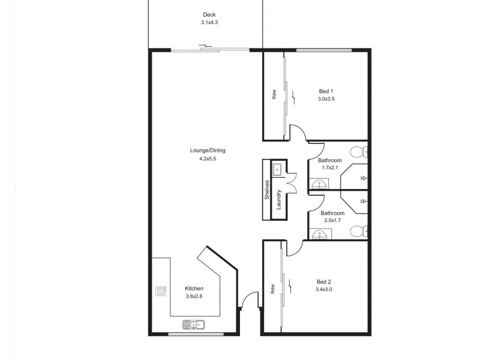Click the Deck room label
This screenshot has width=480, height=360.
point(209,14)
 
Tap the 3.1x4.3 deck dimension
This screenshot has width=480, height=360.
point(209,22)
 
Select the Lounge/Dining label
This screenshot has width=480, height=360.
point(208,151)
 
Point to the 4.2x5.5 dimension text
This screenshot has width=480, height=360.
point(208,158)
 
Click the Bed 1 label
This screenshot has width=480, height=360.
point(326,91)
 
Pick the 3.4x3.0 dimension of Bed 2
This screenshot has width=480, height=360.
point(323,289)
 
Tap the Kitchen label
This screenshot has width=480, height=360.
point(194,289)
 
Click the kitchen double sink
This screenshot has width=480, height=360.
point(194,325)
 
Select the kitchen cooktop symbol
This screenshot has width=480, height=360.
point(161,291)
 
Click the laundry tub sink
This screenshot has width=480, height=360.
point(277,169)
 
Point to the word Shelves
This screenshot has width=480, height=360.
point(266,190)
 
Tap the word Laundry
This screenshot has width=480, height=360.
point(278,200)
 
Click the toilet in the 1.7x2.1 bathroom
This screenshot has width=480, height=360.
point(359,152)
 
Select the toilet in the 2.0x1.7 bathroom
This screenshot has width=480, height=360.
point(359,231)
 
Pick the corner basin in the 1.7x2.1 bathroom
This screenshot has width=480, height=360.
point(319,184)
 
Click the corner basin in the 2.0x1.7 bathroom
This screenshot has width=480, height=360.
point(319,234)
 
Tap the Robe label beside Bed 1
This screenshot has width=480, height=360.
point(274,94)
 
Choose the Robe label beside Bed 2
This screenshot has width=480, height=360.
point(272,289)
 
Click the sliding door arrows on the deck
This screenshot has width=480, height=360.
point(205,46)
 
